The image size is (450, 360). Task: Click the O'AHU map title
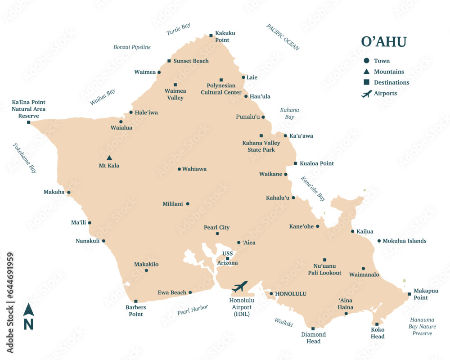(x=383, y=42)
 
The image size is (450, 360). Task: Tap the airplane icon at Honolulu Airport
(x=239, y=286)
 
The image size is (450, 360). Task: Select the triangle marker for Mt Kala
(x=109, y=158)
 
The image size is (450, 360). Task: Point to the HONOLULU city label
(x=290, y=294)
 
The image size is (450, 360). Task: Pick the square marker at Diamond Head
(x=313, y=328)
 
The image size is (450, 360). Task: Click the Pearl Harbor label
(x=193, y=309)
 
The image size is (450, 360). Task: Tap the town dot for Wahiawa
(x=179, y=169)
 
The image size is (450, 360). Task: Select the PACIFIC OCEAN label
(x=283, y=37)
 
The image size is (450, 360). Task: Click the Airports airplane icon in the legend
(x=367, y=94)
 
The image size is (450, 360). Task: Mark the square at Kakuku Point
(x=211, y=35)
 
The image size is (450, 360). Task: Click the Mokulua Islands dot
(x=379, y=241)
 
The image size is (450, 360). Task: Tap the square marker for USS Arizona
(x=228, y=259)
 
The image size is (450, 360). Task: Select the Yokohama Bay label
(x=24, y=158)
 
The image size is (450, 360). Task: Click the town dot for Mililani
(x=188, y=204)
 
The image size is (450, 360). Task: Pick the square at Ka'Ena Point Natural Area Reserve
(x=28, y=122)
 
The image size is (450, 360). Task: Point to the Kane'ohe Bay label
(x=313, y=188)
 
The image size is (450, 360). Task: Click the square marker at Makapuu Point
(x=409, y=294)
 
